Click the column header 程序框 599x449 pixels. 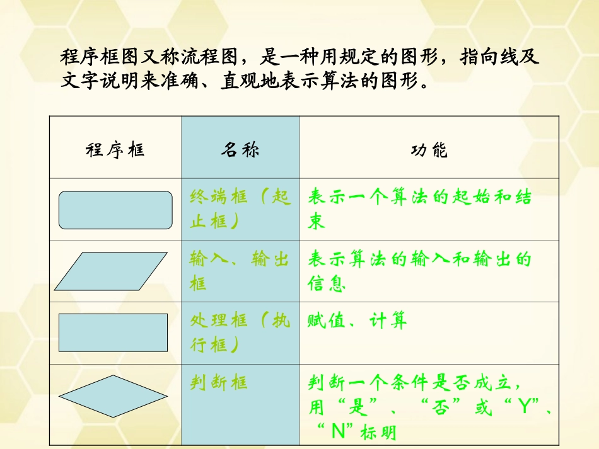tap(114, 150)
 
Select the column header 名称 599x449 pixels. tap(240, 150)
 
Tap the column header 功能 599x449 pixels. tap(429, 150)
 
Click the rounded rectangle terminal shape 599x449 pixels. tap(115, 210)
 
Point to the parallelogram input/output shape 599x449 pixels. tap(110, 271)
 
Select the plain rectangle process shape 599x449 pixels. tap(113, 332)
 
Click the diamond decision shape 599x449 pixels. tap(113, 396)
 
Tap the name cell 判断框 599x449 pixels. tap(219, 382)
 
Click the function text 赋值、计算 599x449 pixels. tap(357, 321)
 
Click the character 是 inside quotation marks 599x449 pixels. tap(358, 407)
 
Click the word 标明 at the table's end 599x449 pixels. tap(380, 433)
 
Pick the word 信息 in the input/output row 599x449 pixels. tap(327, 284)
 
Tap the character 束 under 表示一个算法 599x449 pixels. tap(317, 222)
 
